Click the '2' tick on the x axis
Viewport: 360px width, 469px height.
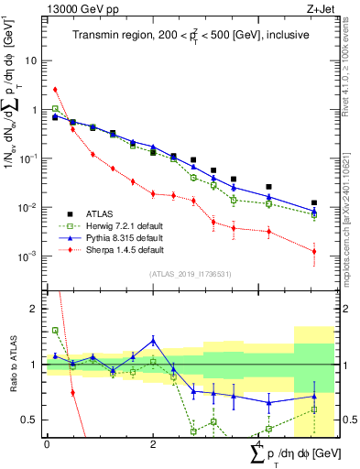[153, 445]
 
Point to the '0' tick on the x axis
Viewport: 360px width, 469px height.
[47, 445]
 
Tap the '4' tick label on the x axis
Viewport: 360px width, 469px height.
[258, 445]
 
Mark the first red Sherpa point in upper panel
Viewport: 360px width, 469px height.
[55, 90]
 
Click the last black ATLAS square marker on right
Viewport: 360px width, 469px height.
[314, 202]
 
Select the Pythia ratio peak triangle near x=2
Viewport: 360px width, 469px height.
[153, 340]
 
